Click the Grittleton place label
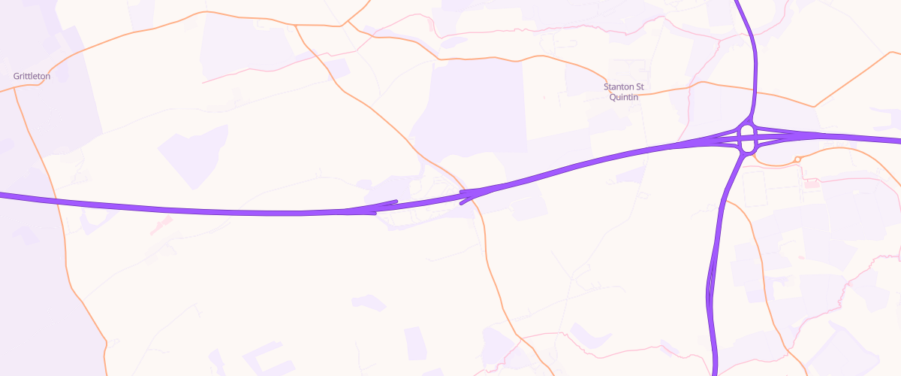pos(32,76)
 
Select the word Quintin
pos(623,97)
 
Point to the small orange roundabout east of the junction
pos(797,159)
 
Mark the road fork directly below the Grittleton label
pos(15,89)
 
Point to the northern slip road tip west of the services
pos(395,201)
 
